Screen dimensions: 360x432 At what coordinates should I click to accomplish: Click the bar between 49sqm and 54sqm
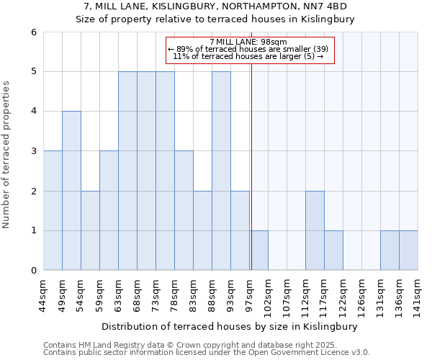(71, 191)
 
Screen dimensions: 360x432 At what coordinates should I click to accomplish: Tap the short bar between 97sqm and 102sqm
(259, 251)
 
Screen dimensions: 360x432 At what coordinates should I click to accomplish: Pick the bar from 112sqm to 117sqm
(315, 230)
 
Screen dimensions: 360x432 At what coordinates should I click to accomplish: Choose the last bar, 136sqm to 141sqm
(408, 251)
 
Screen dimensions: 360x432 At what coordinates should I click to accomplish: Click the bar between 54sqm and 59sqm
(90, 230)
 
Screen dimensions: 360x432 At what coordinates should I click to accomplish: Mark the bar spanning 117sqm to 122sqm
(333, 251)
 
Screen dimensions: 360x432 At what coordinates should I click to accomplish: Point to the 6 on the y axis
(33, 32)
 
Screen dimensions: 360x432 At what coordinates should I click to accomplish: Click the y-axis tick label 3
(33, 151)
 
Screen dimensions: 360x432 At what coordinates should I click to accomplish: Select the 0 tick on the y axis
(33, 271)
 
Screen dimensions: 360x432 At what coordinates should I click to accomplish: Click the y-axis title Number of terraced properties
(6, 155)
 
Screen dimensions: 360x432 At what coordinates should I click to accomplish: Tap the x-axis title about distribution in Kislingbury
(230, 326)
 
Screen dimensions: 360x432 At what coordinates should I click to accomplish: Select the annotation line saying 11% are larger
(248, 56)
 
